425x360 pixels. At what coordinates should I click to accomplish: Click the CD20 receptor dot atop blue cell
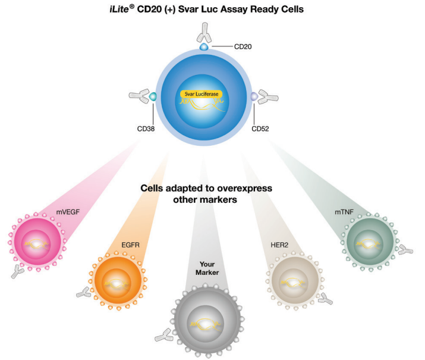pyautogui.click(x=203, y=46)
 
